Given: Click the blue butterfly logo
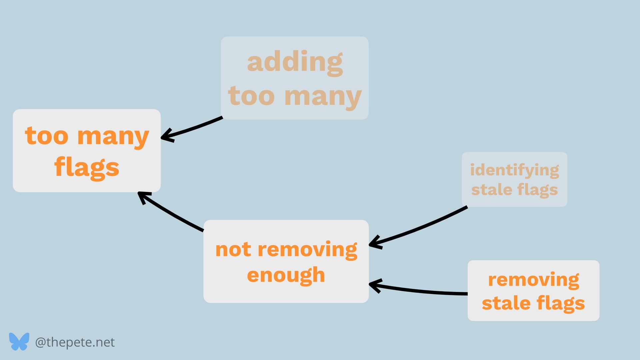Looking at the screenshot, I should click(x=19, y=341).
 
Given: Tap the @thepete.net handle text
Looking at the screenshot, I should click(x=75, y=342).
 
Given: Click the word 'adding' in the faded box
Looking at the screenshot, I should click(x=295, y=62).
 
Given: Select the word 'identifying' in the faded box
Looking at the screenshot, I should click(x=514, y=170).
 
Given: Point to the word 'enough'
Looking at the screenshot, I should click(x=286, y=275).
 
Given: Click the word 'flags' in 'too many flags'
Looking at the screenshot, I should click(x=87, y=167).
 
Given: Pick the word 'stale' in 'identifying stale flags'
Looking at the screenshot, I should click(x=492, y=190).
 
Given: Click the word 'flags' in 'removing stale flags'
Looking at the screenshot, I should click(x=561, y=303).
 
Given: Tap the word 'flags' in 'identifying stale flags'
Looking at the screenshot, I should click(x=537, y=190).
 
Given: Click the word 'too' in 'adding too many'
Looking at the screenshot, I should click(x=251, y=96).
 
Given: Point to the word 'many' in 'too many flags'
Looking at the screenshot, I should click(x=113, y=136).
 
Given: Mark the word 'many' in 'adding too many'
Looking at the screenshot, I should click(x=323, y=97).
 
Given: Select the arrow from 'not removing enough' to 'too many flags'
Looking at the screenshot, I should click(x=170, y=213).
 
